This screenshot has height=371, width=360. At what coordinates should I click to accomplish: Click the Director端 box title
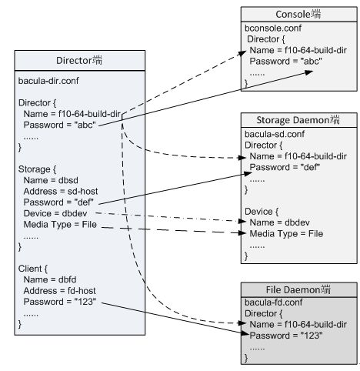coord(79,61)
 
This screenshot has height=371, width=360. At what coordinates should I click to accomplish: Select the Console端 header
coord(298,14)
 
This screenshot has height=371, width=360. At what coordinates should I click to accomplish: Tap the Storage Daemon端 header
coord(298,120)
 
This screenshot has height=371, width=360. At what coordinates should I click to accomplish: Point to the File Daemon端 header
coord(298,290)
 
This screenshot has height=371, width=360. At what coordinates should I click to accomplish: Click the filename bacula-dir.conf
coord(48,81)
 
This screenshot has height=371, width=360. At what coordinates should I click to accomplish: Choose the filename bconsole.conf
coord(273,28)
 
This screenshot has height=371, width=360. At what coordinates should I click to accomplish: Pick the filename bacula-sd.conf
coord(275,134)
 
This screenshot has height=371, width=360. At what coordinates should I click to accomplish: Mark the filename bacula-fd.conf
coord(274,302)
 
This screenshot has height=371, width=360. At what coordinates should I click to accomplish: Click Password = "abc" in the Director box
coord(59,125)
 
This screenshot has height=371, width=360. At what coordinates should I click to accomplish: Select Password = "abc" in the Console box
coord(285,62)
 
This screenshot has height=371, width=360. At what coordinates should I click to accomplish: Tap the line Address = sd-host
coord(61,192)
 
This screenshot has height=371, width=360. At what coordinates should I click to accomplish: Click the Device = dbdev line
coord(55,213)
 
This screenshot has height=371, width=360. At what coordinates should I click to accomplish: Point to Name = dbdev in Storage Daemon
coord(279,222)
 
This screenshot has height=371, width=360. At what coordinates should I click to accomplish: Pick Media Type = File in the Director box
coord(60,225)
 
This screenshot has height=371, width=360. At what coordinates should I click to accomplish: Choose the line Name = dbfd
coord(50,279)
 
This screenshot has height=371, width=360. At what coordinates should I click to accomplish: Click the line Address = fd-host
coord(59,291)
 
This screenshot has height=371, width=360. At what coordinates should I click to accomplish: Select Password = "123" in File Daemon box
coord(286,336)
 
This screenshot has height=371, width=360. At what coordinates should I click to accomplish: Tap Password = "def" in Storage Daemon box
coord(285,168)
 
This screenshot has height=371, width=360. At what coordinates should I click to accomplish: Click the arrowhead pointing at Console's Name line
coord(242,53)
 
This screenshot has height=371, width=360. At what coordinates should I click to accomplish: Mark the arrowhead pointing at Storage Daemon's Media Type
coord(242,233)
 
